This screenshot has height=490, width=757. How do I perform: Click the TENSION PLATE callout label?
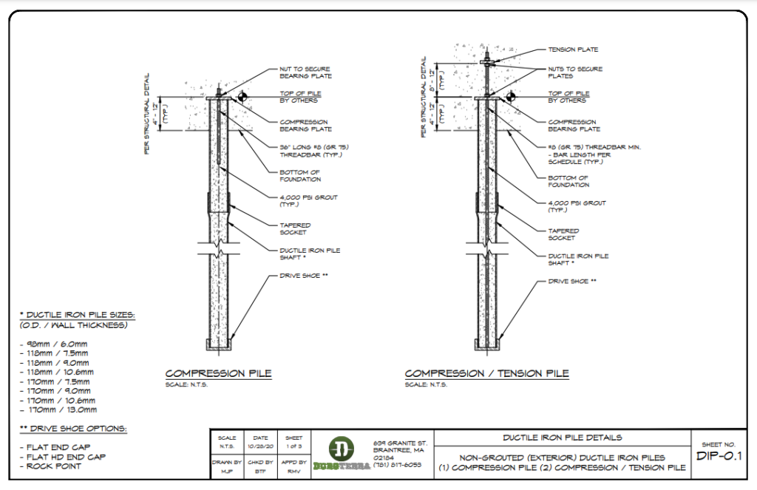tap(573, 50)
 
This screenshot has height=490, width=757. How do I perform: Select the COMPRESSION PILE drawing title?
tap(218, 374)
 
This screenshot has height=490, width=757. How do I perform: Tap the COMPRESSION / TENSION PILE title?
tap(486, 374)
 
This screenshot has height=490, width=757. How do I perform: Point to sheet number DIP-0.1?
tap(719, 455)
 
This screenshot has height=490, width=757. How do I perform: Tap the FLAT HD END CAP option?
tap(61, 457)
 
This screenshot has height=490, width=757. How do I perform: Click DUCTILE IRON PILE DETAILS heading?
tap(563, 438)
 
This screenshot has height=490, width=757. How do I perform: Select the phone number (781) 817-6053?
tap(396, 465)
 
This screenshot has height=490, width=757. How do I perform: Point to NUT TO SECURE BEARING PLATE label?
tap(305, 72)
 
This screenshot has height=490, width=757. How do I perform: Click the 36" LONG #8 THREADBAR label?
tap(314, 151)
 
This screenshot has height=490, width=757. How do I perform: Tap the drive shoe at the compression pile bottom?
tap(218, 345)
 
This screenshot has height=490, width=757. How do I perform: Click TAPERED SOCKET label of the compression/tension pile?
tap(563, 234)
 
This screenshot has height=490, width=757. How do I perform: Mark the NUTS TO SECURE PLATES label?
tap(575, 72)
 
